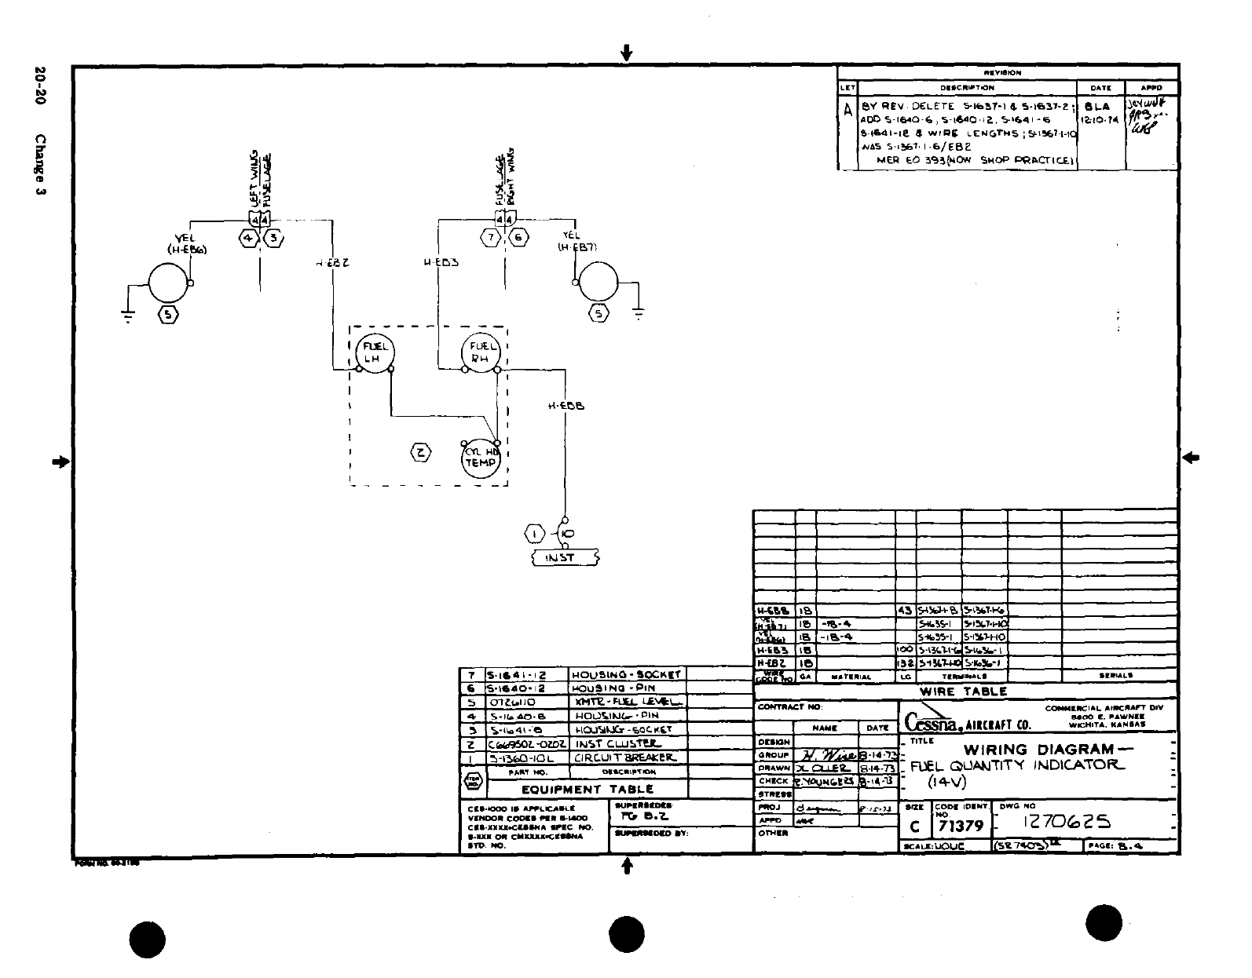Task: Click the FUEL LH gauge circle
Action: click(375, 352)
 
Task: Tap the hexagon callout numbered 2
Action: click(421, 452)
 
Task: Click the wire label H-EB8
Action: click(566, 407)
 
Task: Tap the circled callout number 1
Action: click(535, 535)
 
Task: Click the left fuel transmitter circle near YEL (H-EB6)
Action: click(168, 283)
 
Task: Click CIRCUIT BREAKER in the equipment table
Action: click(624, 758)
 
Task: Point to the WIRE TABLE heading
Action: click(963, 692)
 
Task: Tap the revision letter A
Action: click(847, 111)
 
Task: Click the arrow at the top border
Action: click(626, 53)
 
